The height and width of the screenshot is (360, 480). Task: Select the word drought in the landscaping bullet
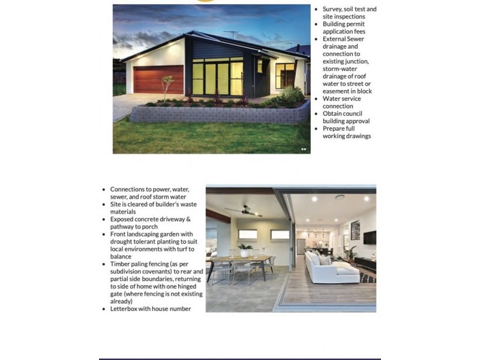pyautogui.click(x=122, y=241)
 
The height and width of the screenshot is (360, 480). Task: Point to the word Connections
pyautogui.click(x=130, y=189)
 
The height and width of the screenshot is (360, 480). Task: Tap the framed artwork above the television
pyautogui.click(x=355, y=229)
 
